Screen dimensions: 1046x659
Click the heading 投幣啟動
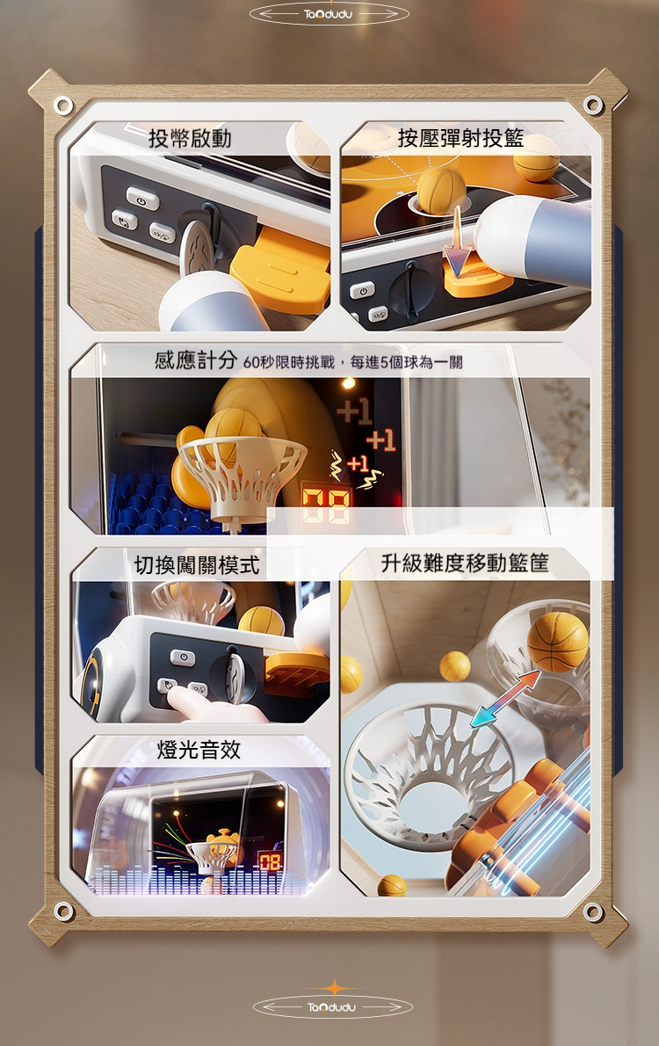pyautogui.click(x=190, y=138)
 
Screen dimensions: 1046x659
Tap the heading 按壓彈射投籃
pyautogui.click(x=460, y=138)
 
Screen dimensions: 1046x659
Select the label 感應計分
pyautogui.click(x=196, y=360)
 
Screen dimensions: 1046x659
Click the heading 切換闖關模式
pyautogui.click(x=197, y=564)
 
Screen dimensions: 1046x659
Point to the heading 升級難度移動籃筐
pyautogui.click(x=465, y=563)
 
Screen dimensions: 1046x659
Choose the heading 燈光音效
pyautogui.click(x=199, y=749)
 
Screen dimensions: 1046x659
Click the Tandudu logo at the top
pyautogui.click(x=329, y=14)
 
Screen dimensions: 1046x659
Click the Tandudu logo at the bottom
pyautogui.click(x=329, y=1005)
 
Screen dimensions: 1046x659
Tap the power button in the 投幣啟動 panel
pyautogui.click(x=142, y=199)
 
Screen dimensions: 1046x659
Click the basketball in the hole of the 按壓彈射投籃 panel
pyautogui.click(x=440, y=191)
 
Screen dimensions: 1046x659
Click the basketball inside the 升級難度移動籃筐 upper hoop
pyautogui.click(x=557, y=641)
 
